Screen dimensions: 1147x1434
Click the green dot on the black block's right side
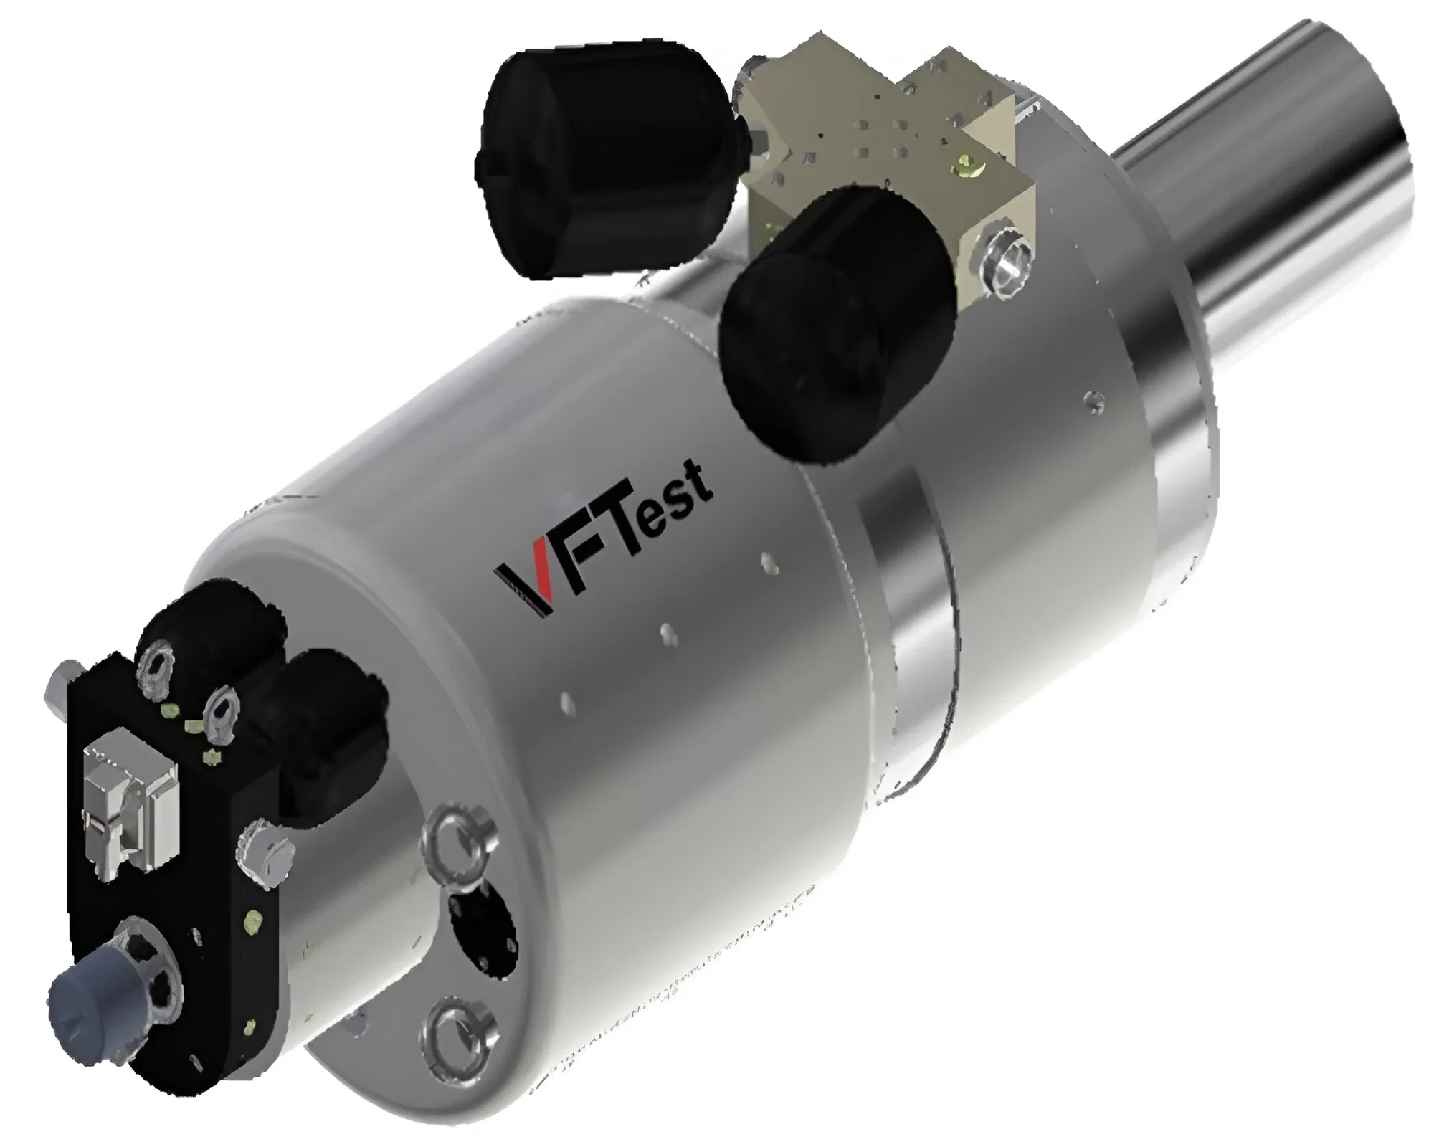click(x=253, y=918)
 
